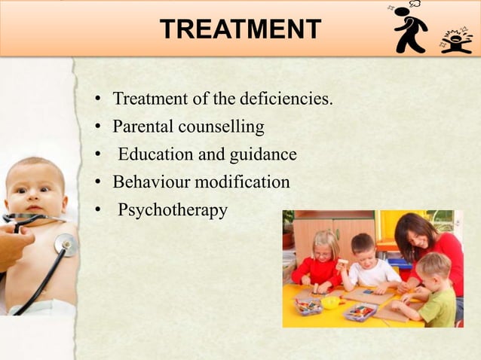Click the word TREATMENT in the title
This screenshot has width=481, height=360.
240,29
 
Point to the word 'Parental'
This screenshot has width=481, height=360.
143,126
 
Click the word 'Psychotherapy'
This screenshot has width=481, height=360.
173,210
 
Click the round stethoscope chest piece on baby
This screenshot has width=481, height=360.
66,244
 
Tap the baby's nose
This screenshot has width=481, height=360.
29,189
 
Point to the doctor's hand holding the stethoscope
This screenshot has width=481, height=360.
14,245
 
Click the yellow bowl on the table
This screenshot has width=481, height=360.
331,302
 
